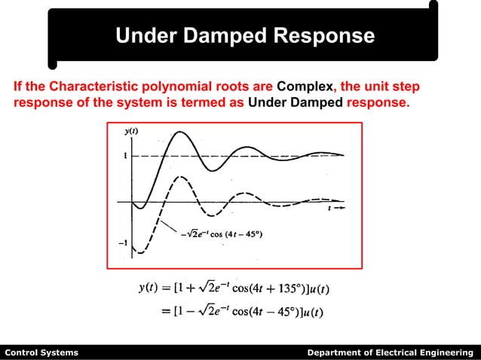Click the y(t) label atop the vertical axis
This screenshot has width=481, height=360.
pyautogui.click(x=130, y=131)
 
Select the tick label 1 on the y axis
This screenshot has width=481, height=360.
pyautogui.click(x=125, y=155)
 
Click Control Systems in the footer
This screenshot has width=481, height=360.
pyautogui.click(x=41, y=352)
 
